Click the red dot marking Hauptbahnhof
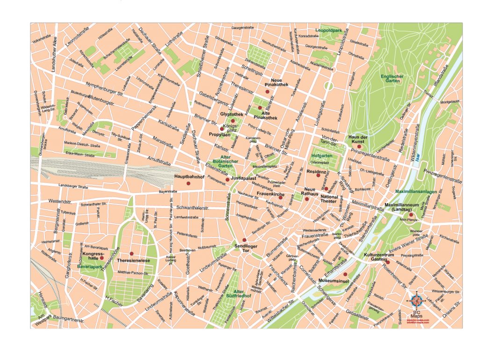pyautogui.click(x=189, y=184)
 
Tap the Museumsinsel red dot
pyautogui.click(x=345, y=274)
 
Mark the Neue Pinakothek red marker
pyautogui.click(x=267, y=92)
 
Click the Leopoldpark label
pyautogui.click(x=329, y=30)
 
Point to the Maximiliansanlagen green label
pyautogui.click(x=415, y=192)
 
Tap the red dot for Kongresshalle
pyautogui.click(x=102, y=258)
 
